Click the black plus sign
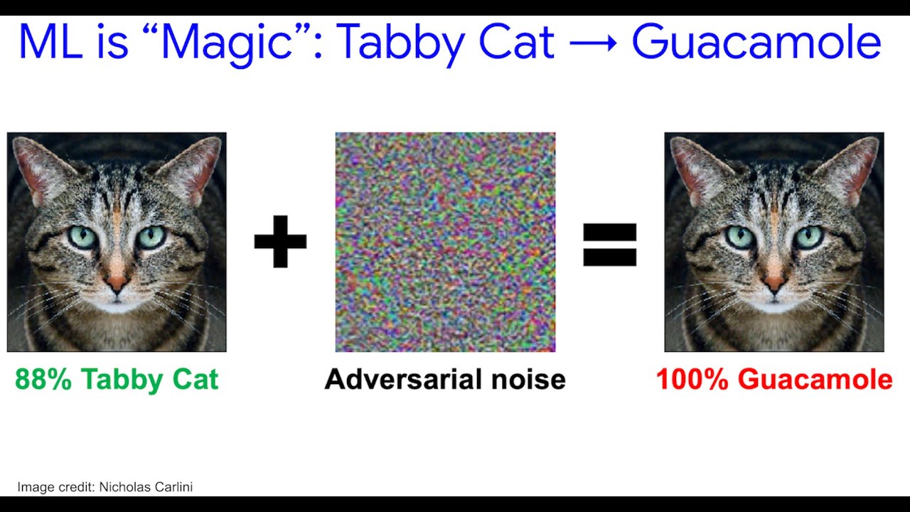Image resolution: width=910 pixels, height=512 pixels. (280, 241)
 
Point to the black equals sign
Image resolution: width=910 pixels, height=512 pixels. (609, 244)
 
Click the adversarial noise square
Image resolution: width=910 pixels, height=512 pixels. (445, 242)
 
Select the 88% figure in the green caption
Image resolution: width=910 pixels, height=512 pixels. (43, 380)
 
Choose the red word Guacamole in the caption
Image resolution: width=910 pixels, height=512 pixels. (815, 380)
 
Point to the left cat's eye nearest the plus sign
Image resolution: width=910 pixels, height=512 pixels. (151, 237)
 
